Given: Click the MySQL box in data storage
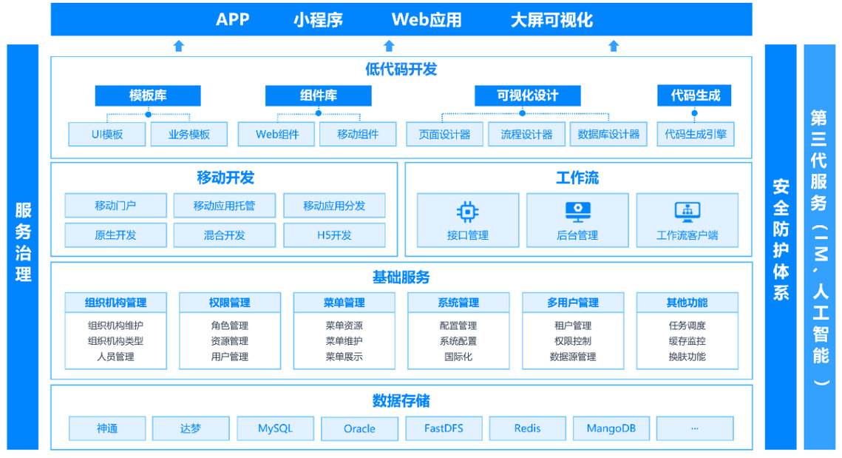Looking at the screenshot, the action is point(276,428).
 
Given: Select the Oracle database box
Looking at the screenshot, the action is point(359,428).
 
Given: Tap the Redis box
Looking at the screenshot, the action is point(527,428).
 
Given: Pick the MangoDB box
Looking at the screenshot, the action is point(611,428).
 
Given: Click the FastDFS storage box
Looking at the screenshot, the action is point(444,428).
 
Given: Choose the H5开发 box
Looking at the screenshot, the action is point(334,235).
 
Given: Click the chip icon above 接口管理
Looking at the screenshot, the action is point(468,212).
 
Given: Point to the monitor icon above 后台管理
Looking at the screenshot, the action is point(578,212).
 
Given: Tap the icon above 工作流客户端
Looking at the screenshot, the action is point(687,212).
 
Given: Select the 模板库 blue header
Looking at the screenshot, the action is point(148,95).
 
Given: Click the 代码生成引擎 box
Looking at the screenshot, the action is point(696,135).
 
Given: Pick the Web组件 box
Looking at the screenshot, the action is point(276,135).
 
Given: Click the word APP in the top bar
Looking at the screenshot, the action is point(233,20).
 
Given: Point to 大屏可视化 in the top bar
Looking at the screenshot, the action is point(551,20).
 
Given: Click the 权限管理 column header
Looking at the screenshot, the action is point(230,303).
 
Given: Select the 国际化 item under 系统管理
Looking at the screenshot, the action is point(458,357).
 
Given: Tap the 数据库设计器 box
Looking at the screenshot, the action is point(608,135).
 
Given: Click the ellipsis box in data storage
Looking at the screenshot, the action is point(695,428).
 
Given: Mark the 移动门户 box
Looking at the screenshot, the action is point(115,206).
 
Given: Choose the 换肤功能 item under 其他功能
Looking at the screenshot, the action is point(687,357).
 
